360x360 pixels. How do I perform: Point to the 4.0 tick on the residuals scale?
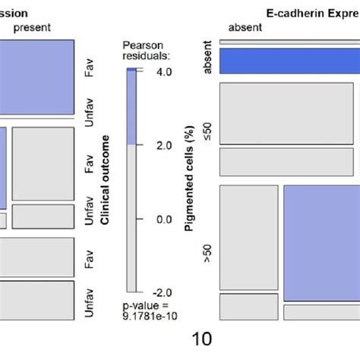tap(164, 72)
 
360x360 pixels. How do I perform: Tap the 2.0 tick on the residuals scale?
tap(164, 145)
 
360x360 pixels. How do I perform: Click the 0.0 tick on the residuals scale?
tap(164, 219)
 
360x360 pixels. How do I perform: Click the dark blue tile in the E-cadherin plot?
tap(289, 60)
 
